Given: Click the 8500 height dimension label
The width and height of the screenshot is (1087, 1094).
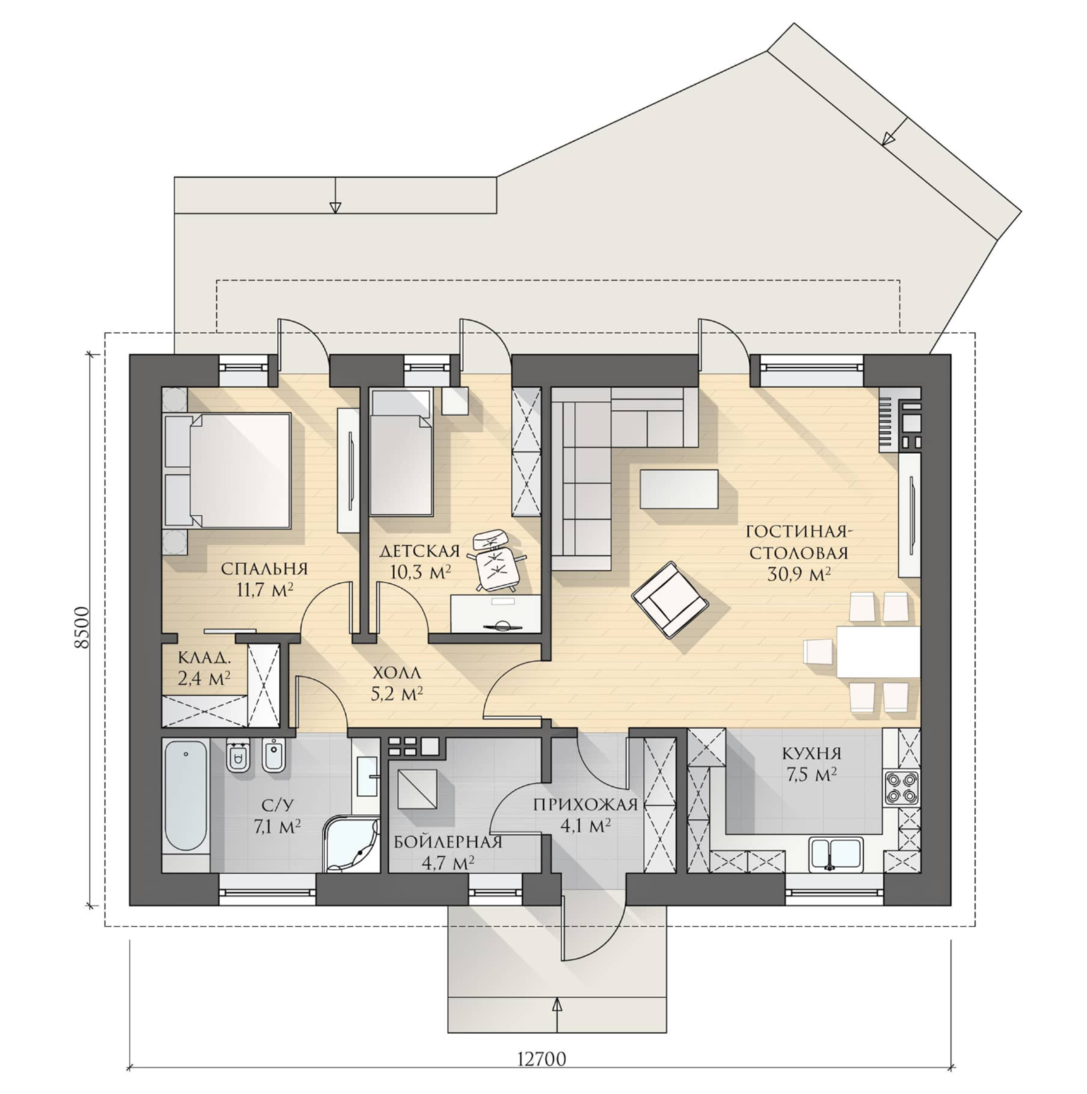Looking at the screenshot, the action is tap(82, 628).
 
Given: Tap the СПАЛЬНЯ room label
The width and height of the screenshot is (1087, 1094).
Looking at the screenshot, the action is tap(264, 569).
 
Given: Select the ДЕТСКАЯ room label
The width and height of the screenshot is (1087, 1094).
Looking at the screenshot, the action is tap(420, 551).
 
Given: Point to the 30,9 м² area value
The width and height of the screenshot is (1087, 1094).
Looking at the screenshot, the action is tap(799, 574).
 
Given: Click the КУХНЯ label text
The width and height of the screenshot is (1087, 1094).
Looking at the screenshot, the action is tap(812, 754).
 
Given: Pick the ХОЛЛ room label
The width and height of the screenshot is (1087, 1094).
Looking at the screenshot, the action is tap(397, 673).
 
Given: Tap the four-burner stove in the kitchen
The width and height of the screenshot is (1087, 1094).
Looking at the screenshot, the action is tap(901, 788).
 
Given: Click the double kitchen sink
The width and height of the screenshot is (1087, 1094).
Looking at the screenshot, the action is tap(836, 854).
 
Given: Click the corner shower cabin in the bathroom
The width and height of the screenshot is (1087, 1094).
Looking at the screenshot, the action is tap(351, 844).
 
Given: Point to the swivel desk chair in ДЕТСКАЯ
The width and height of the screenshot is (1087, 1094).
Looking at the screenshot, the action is tap(496, 560).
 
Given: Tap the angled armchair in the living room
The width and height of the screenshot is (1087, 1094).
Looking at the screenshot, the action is tap(670, 600).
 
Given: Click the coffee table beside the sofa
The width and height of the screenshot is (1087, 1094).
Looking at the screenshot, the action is tap(679, 489).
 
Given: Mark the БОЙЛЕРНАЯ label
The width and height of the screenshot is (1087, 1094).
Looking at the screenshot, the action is tap(447, 842).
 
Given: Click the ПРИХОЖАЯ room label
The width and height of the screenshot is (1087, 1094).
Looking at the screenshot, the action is tap(585, 804).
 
